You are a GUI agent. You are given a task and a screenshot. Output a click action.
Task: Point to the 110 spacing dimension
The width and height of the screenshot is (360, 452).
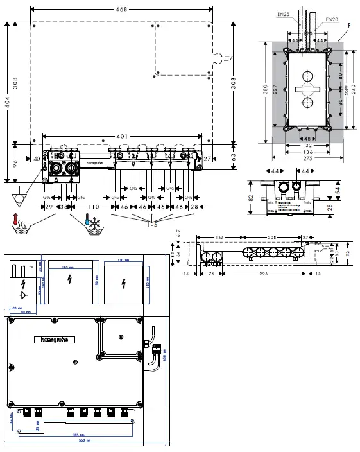(x=94, y=207)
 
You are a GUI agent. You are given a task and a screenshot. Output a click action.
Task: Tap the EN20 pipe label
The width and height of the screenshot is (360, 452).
(x=331, y=19)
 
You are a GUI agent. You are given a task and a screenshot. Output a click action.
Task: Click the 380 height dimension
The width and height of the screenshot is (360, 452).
(x=266, y=92)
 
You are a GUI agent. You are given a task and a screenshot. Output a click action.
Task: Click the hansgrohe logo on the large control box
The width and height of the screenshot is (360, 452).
(x=54, y=339)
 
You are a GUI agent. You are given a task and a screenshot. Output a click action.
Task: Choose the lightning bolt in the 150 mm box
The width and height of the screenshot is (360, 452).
(x=70, y=281)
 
